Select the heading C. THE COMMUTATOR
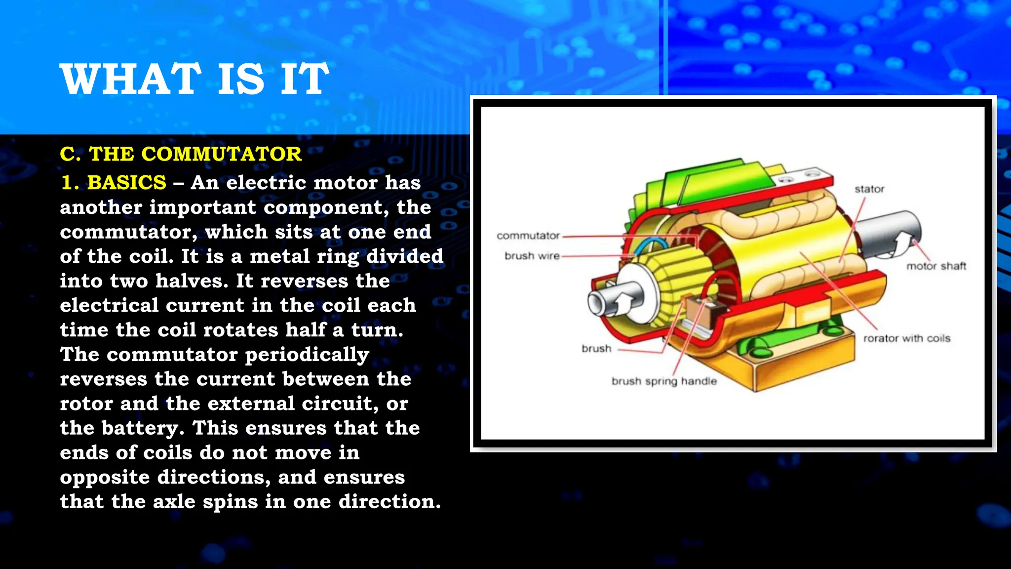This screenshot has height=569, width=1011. coord(181,154)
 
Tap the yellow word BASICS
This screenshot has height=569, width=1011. coord(127,183)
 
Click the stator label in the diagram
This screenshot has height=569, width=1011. coord(869,189)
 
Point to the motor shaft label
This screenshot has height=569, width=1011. coord(936,266)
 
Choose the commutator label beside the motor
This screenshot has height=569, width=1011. coord(528,236)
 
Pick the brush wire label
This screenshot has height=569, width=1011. coord(532,256)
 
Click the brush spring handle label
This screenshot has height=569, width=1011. coord(664,381)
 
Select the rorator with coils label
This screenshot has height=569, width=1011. coord(906,338)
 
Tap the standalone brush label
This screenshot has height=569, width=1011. coord(596,349)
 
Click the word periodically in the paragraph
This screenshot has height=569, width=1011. coord(307,355)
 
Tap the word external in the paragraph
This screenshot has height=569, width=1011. coord(251,404)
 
